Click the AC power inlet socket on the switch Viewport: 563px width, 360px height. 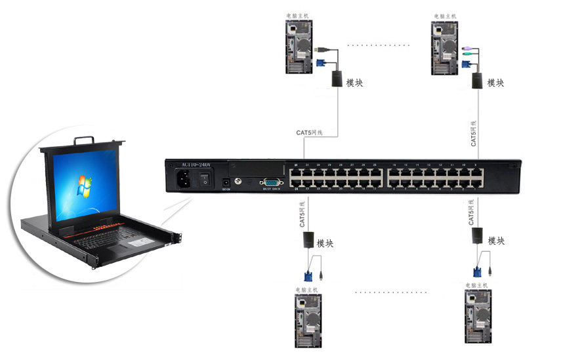184,179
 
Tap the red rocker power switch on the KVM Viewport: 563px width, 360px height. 205,178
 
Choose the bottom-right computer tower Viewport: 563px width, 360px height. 477,317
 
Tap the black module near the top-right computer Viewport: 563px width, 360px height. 477,80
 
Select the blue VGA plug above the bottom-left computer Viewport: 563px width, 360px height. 308,275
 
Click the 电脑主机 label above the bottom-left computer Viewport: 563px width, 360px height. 306,289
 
